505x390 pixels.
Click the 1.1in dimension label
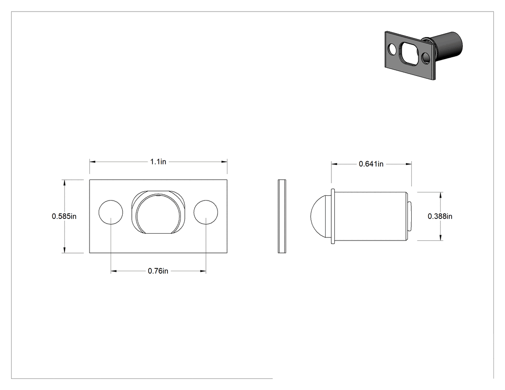(x=158, y=162)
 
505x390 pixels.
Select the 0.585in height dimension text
(x=64, y=216)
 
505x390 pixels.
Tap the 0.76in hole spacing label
(x=158, y=271)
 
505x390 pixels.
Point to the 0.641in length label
(x=371, y=164)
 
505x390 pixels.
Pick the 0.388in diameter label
(x=440, y=216)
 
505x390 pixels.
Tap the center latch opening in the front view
(x=158, y=212)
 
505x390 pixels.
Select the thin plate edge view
(x=282, y=216)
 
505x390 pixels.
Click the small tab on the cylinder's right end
(x=410, y=216)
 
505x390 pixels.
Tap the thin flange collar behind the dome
(x=333, y=216)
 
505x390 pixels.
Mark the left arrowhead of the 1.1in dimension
(x=93, y=162)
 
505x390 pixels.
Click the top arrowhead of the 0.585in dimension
(x=64, y=183)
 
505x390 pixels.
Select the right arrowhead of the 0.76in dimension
(x=203, y=271)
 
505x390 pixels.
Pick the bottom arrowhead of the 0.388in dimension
(x=440, y=238)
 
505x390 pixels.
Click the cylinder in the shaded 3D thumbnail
(x=447, y=45)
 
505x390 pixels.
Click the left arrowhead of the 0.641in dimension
(x=334, y=164)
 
